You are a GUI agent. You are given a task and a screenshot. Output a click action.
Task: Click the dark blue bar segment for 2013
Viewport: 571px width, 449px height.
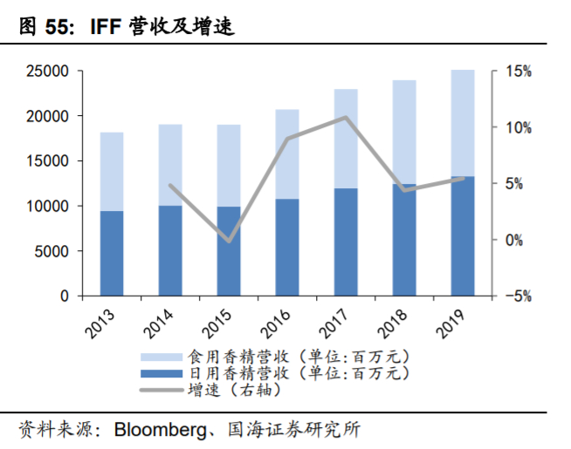[112, 254]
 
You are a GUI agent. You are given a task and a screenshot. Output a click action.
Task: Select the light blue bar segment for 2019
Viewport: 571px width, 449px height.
[463, 123]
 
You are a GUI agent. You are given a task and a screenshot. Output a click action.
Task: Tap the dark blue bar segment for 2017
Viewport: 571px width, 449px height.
[346, 242]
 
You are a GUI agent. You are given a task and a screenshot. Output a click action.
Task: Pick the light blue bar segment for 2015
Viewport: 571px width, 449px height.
[229, 166]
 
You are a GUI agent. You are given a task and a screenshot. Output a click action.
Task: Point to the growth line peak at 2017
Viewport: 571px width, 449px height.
[346, 117]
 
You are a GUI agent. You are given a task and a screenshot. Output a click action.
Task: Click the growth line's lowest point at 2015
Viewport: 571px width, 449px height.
[229, 241]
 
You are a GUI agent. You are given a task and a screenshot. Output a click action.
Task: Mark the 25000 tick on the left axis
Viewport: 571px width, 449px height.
[52, 71]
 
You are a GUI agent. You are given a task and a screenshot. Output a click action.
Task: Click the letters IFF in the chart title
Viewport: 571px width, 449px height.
[106, 27]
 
